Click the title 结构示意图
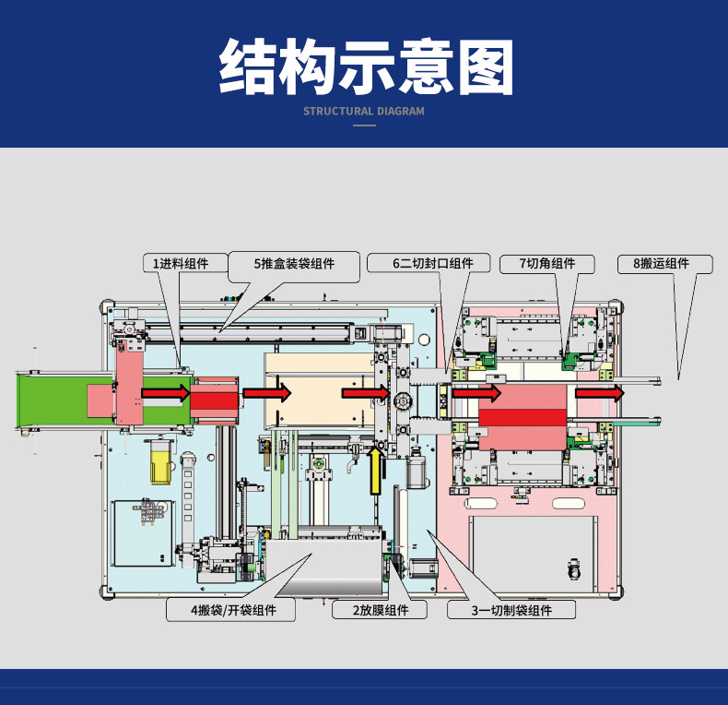point(367,67)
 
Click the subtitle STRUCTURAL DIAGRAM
point(364,112)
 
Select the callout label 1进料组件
point(181,264)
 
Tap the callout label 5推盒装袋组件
point(294,264)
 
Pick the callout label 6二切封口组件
point(433,264)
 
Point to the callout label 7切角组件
point(547,264)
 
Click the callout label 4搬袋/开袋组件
point(233,610)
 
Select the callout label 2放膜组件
point(381,610)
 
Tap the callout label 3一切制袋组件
point(511,610)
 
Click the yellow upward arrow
point(375,471)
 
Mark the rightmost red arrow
point(599,393)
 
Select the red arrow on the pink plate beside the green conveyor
point(166,393)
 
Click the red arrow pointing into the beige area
point(267,393)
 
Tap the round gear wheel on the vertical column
point(402,401)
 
